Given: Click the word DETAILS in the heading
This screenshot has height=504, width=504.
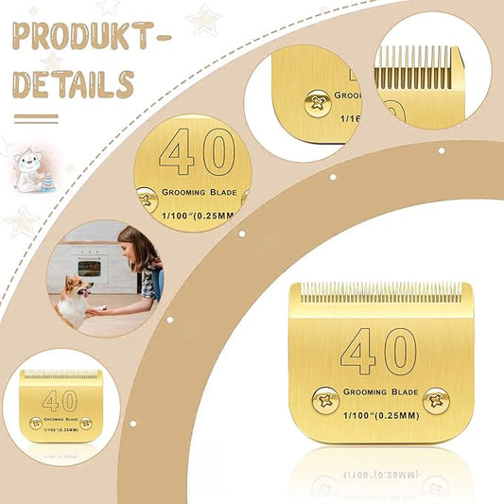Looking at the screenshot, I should pos(73,84).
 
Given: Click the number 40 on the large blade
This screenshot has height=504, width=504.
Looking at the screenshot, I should pos(378,352).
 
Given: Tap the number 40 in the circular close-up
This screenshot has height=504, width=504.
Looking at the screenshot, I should pos(197,151).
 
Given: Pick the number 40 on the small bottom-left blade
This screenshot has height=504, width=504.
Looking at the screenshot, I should pos(60,400).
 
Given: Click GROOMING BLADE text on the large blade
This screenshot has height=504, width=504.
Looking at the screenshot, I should pos(378,388).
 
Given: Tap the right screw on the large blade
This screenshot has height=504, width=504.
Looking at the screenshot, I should pos(435,400).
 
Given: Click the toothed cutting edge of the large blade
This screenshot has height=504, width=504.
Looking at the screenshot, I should pos(378,288).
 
